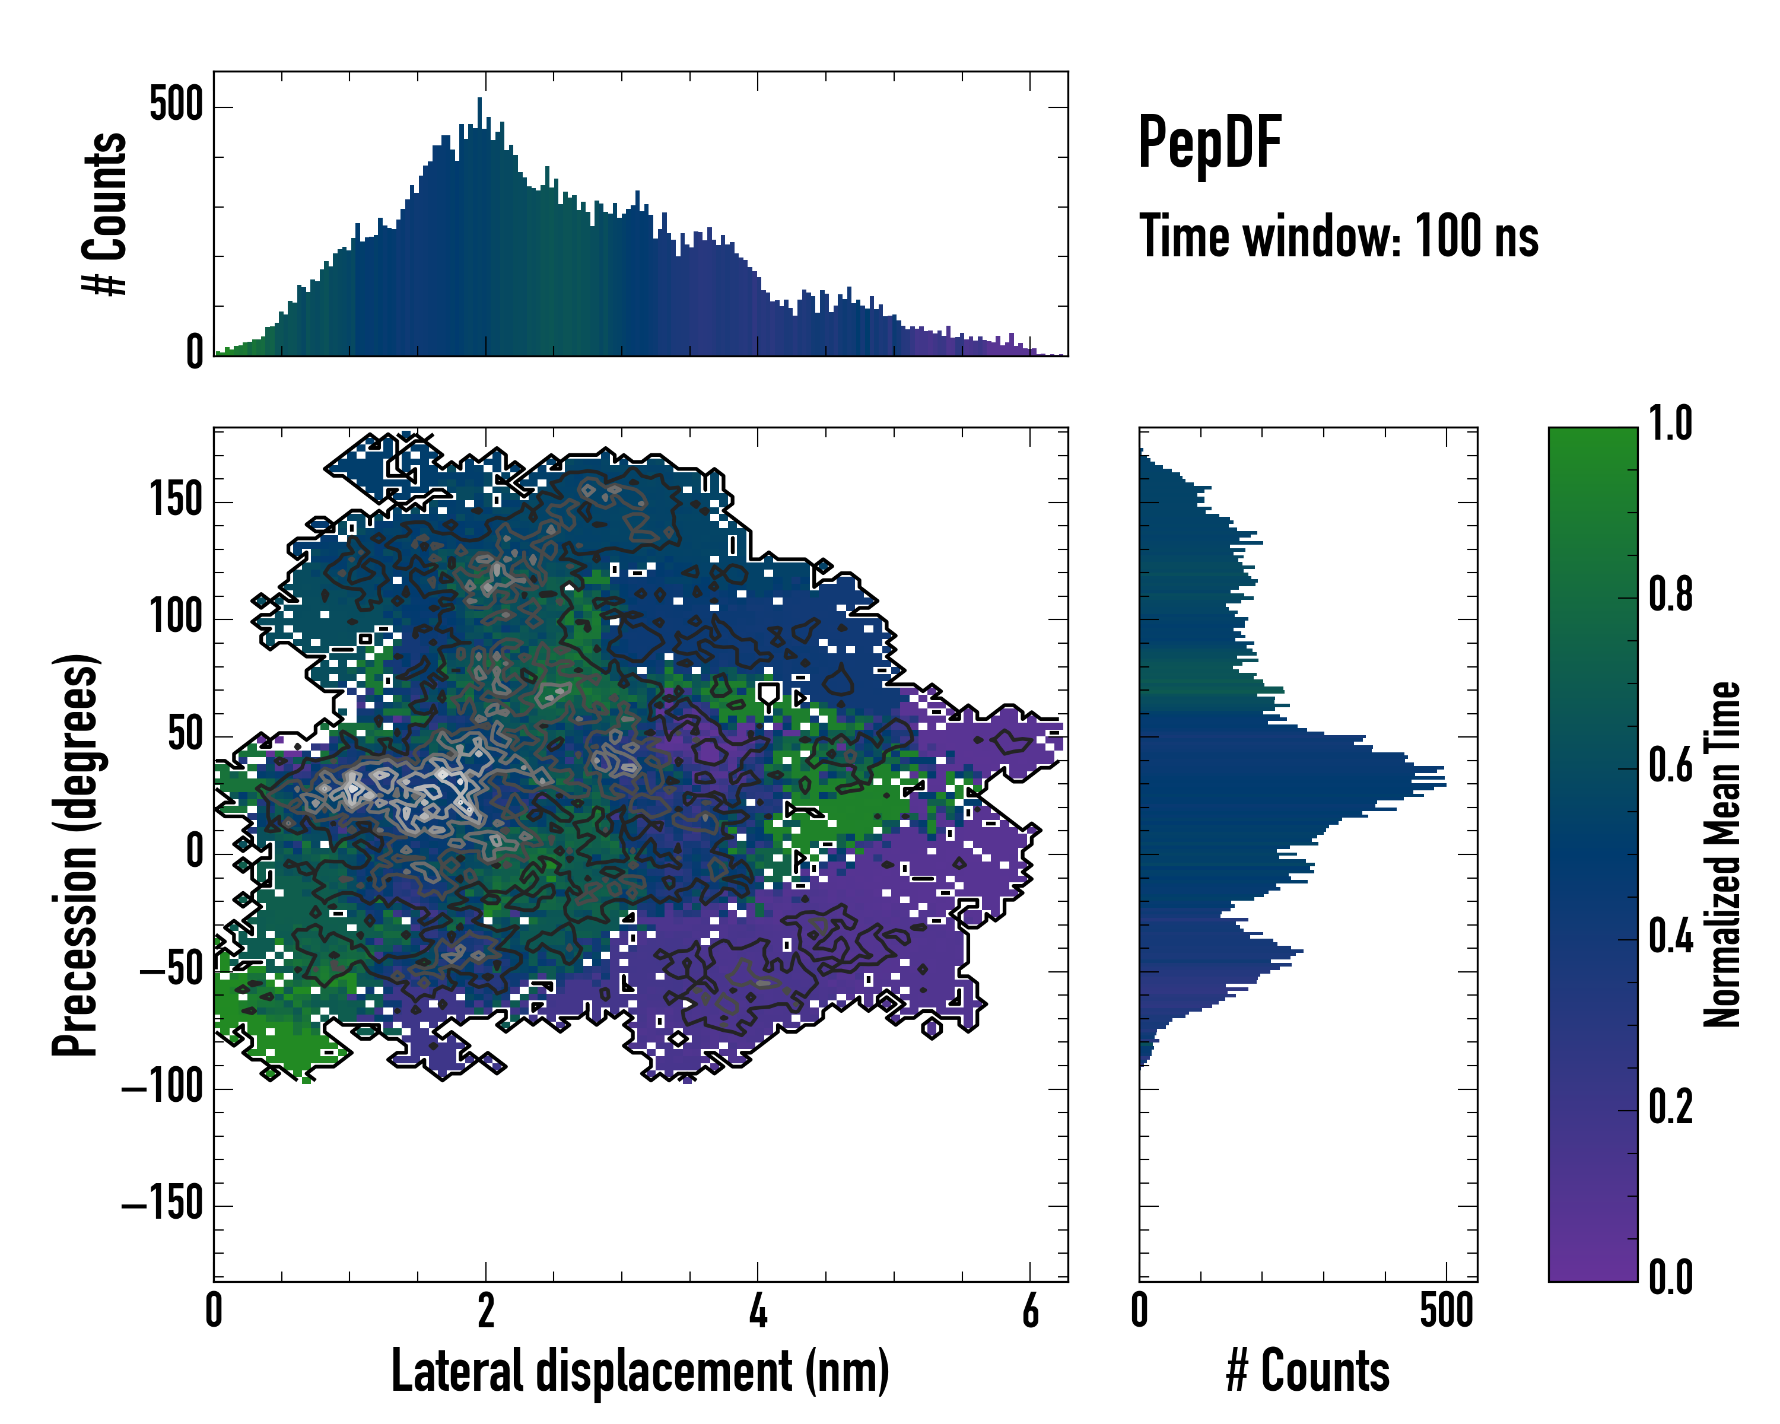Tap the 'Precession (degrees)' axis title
pyautogui.click(x=75, y=854)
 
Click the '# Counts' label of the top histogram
pyautogui.click(x=105, y=213)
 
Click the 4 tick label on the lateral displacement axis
pyautogui.click(x=758, y=1311)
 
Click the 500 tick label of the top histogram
pyautogui.click(x=176, y=106)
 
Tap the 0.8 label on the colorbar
pyautogui.click(x=1670, y=595)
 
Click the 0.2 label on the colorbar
pyautogui.click(x=1670, y=1107)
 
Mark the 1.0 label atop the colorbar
pyautogui.click(x=1670, y=424)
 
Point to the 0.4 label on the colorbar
pyautogui.click(x=1670, y=936)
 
